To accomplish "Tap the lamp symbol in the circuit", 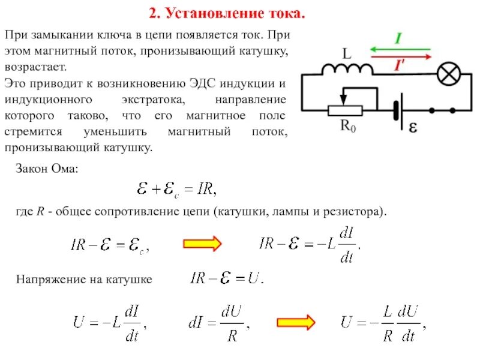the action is [x=446, y=75].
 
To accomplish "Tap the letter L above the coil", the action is [x=346, y=54].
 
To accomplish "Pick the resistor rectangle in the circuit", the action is [x=344, y=110].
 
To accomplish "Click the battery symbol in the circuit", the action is [x=397, y=111].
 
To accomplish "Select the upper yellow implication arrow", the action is [x=202, y=244].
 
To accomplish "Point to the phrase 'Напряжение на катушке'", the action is [x=84, y=280].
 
